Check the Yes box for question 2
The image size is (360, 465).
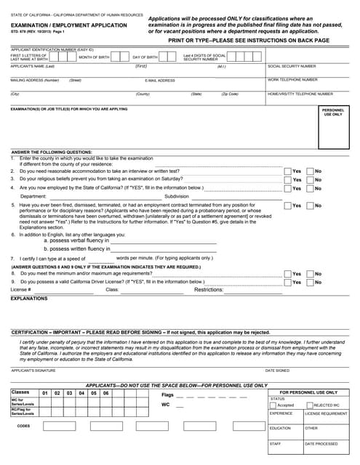tap(287, 171)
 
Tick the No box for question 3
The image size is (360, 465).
tap(310, 179)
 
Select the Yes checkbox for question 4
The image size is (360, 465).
tap(287, 187)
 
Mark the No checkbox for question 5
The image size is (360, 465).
tap(310, 206)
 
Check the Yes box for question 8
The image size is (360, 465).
tap(287, 274)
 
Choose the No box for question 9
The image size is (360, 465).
tap(310, 282)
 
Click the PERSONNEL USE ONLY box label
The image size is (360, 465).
tap(332, 112)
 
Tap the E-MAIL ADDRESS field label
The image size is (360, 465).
tap(160, 81)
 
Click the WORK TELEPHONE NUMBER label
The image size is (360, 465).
tap(292, 80)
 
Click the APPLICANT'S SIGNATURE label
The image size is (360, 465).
tap(33, 370)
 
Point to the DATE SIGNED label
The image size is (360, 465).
tap(276, 370)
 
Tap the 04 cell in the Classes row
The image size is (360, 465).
tap(81, 393)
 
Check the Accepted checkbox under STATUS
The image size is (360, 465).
tap(273, 405)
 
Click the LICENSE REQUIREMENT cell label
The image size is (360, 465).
tap(326, 413)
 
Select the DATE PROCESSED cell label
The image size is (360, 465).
tap(321, 443)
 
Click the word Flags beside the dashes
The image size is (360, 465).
tap(168, 395)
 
